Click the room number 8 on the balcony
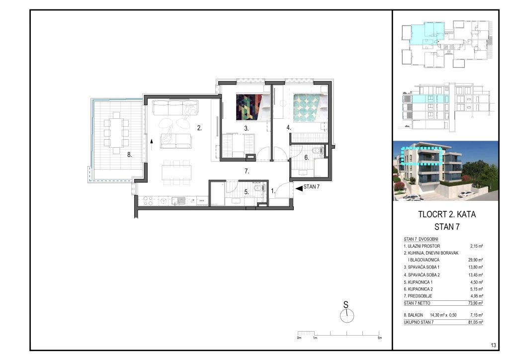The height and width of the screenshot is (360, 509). pos(129,155)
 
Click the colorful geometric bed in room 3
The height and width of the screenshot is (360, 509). pos(253,107)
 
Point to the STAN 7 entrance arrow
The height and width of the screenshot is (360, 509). pos(299,187)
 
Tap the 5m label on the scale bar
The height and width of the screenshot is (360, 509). pos(380,338)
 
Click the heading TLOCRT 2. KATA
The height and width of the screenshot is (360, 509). pos(447,214)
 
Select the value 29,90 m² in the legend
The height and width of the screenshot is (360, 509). pos(476,260)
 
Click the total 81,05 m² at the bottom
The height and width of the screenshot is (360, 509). pos(476,322)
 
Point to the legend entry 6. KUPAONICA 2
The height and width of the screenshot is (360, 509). pos(418,289)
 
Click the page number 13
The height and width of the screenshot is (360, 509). pos(494,346)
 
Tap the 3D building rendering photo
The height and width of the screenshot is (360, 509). pos(446,171)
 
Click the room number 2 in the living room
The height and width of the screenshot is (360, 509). pos(199,128)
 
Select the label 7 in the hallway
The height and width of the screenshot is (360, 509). pos(247,171)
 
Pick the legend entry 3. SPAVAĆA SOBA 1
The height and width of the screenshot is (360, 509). pos(422,267)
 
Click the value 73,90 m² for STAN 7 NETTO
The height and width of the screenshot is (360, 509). pos(476,303)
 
